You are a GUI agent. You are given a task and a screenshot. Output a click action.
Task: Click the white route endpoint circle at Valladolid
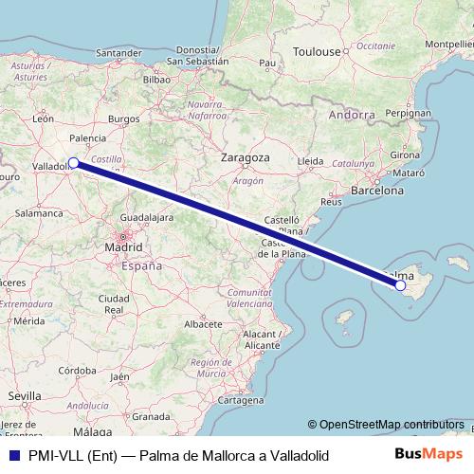(x=73, y=163)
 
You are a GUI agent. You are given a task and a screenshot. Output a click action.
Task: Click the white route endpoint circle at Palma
(x=400, y=284)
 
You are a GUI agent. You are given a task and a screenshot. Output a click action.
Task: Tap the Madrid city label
(x=123, y=247)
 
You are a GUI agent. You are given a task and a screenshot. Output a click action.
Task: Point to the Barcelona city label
(x=377, y=190)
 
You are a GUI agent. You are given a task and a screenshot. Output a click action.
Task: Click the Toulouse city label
(x=315, y=51)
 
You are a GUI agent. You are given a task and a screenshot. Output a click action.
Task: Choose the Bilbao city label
(x=155, y=81)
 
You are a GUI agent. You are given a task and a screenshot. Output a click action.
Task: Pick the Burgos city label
(x=124, y=119)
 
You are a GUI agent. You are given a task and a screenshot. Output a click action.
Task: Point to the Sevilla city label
(x=22, y=393)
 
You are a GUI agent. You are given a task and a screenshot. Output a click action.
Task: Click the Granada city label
(x=150, y=415)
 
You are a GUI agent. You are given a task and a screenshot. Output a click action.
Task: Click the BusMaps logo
(x=435, y=455)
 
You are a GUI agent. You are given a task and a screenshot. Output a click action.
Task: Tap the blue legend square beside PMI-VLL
(x=10, y=456)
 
